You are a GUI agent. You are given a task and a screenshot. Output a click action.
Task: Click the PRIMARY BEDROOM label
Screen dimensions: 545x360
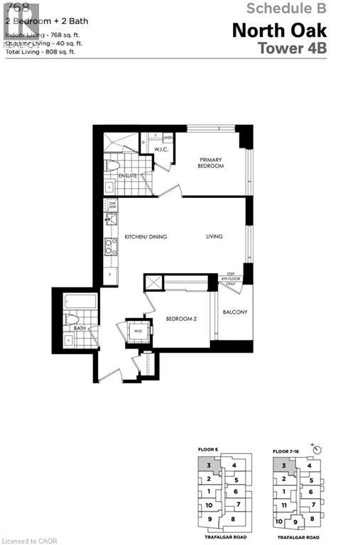(211, 163)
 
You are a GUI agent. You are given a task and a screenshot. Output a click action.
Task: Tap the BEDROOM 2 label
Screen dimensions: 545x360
(181, 319)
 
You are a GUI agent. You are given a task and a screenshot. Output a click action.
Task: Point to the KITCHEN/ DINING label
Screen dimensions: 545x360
(146, 237)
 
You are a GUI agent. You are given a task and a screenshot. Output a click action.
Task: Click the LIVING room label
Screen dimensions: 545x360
(214, 237)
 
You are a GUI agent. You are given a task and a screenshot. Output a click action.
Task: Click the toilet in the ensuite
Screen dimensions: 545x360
(114, 166)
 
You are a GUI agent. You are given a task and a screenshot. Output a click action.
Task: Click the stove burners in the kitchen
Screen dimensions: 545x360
(111, 246)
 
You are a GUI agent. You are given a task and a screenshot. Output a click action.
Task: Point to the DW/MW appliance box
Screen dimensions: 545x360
(112, 206)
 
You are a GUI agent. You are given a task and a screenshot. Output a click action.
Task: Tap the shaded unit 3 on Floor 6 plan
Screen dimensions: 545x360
(206, 466)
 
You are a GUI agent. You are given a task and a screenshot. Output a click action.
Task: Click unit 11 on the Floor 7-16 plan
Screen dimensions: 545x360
(284, 505)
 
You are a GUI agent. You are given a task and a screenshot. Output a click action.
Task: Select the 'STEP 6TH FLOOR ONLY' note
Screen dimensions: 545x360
(230, 280)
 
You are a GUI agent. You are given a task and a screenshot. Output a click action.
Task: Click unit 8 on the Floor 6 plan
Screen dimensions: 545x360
(233, 519)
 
